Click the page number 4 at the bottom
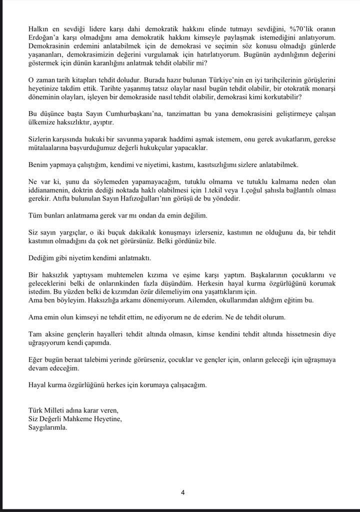[182, 492]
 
